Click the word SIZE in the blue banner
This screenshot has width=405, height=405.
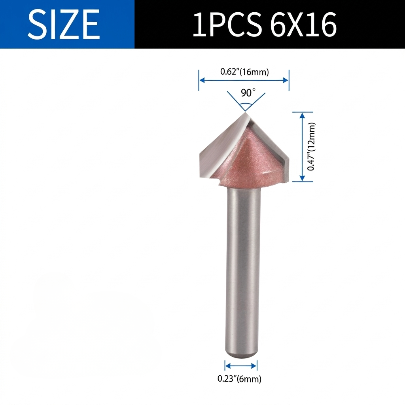pyautogui.click(x=64, y=24)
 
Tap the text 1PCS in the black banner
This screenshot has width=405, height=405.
pyautogui.click(x=226, y=24)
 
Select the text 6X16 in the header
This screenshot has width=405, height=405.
pyautogui.click(x=303, y=24)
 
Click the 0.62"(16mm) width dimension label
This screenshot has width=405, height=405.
pyautogui.click(x=244, y=72)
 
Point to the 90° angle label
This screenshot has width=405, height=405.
pyautogui.click(x=248, y=93)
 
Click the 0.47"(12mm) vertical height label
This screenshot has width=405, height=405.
pyautogui.click(x=311, y=146)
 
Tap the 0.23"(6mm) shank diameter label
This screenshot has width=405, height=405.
pyautogui.click(x=239, y=379)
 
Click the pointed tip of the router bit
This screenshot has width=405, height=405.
pyautogui.click(x=245, y=112)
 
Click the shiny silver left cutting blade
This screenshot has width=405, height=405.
pyautogui.click(x=222, y=150)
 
